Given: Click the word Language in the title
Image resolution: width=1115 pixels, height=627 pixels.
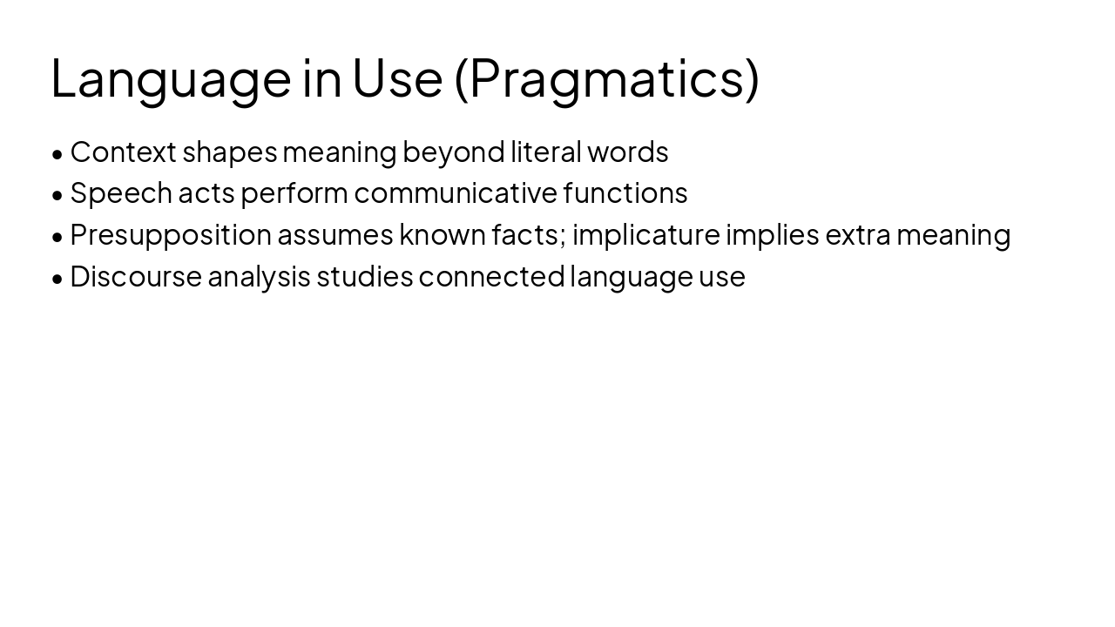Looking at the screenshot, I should point(171,78).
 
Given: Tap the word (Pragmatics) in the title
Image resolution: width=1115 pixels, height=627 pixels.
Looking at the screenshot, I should point(606,78).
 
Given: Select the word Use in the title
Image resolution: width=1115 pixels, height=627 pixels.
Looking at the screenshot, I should point(397,78).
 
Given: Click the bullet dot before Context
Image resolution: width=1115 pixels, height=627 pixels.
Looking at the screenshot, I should point(57,154).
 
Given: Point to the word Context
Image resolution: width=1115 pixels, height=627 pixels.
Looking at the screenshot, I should point(123,152).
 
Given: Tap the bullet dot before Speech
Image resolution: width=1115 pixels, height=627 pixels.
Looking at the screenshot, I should point(57,195).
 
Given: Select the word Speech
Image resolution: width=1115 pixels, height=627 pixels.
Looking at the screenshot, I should point(121,193).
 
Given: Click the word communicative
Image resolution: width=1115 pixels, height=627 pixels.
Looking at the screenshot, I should point(455,193).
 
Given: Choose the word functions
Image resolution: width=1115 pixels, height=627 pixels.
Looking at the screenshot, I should point(625,193).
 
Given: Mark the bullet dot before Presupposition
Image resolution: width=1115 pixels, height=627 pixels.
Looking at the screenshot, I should point(57,237).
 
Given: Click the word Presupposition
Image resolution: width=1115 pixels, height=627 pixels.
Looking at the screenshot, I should point(171,235).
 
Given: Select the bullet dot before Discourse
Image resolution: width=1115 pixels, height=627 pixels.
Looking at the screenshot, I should point(57,279).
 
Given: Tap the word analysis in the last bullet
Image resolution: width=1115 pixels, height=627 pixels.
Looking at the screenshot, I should point(259,277).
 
